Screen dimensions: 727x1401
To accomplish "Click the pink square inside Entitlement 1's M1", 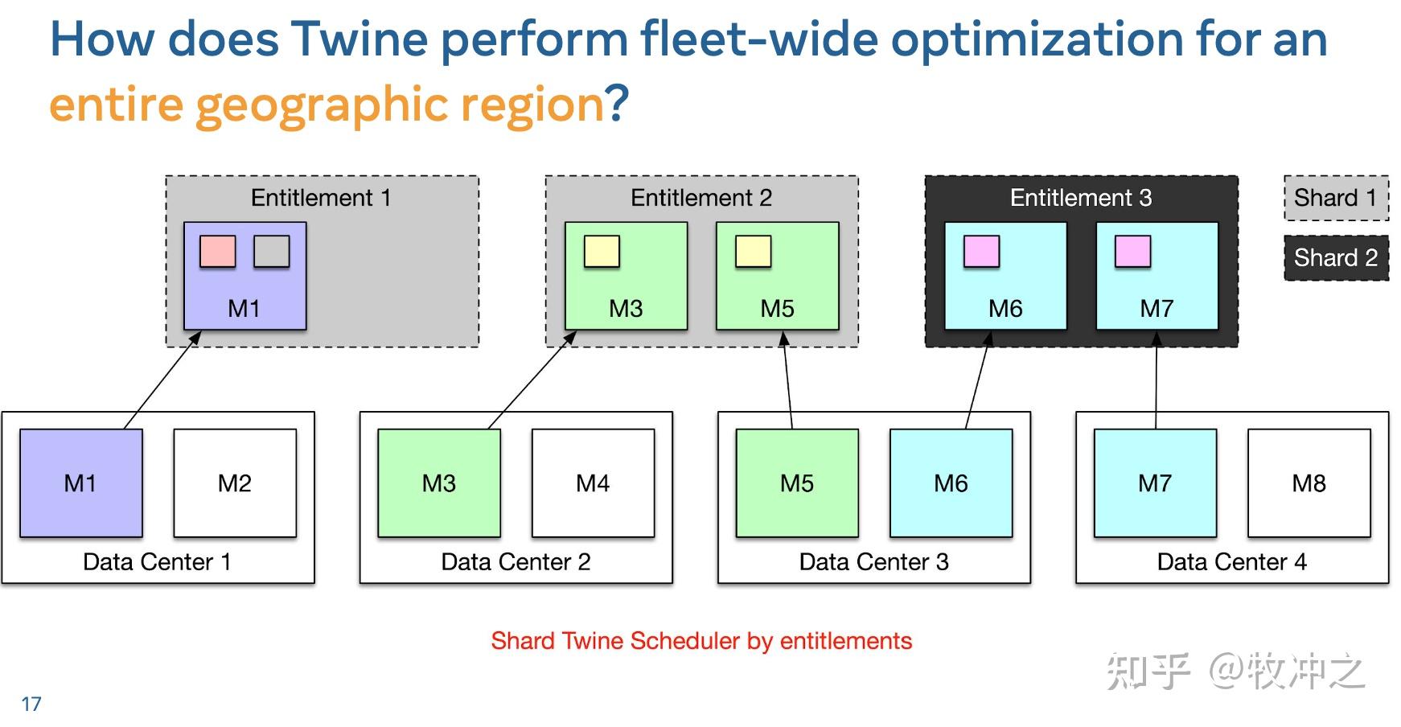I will (x=218, y=252).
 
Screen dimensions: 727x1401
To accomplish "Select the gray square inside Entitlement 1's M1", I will (x=272, y=252).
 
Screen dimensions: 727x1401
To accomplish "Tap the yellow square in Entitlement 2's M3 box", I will (x=602, y=252).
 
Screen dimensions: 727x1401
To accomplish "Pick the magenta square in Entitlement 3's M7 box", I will (x=1132, y=252).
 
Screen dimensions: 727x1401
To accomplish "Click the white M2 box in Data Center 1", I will (x=235, y=483).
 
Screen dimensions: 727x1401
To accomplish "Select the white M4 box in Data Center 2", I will (x=593, y=483).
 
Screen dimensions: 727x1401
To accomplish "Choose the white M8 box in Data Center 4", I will (x=1309, y=483).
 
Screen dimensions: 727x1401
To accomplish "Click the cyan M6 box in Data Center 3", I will (x=951, y=483).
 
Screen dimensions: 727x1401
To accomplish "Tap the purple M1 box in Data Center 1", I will (x=80, y=483).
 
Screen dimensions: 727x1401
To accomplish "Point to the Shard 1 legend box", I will (x=1336, y=198).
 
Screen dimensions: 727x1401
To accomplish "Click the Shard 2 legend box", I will (x=1336, y=258).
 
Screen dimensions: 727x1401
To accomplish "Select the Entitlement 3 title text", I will (x=1081, y=198).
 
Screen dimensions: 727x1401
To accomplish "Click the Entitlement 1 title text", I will (x=321, y=198).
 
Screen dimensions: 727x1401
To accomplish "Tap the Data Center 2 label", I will (x=516, y=561).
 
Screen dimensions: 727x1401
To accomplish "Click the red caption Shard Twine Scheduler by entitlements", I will (x=701, y=641).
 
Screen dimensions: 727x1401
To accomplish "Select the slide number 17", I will (x=31, y=704).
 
